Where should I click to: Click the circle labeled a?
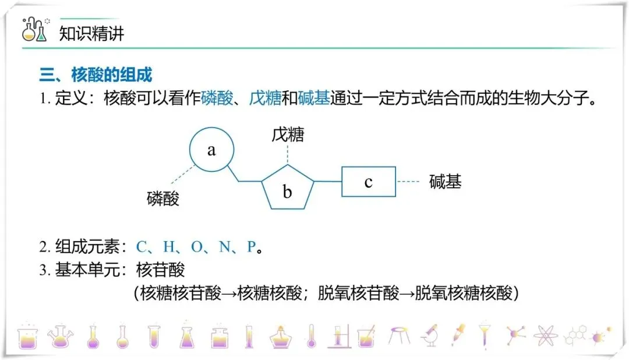[x=211, y=150]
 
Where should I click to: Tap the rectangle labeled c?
[x=368, y=182]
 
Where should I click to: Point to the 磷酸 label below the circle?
[x=162, y=199]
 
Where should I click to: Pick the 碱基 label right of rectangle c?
[x=445, y=182]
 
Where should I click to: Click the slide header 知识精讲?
[x=92, y=34]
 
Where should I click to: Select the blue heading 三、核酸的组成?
[x=96, y=75]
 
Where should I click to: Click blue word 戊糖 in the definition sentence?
[x=265, y=98]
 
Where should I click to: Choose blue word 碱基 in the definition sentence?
[x=314, y=98]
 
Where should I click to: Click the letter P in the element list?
[x=252, y=247]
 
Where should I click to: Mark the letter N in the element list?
[x=225, y=247]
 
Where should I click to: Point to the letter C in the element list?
[x=141, y=247]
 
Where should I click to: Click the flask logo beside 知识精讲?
[x=34, y=30]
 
